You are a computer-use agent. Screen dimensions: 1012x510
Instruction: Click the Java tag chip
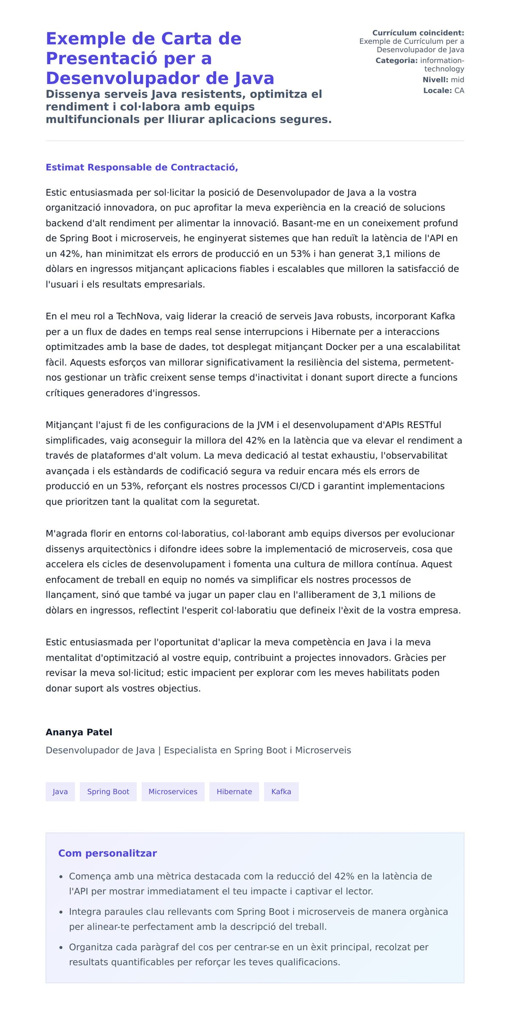point(60,791)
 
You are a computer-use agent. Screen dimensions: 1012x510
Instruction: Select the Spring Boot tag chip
point(108,791)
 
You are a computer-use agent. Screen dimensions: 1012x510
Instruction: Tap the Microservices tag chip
point(173,791)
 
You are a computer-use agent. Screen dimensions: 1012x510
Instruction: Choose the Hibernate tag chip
point(234,791)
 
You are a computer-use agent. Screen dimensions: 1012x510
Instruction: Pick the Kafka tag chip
point(281,791)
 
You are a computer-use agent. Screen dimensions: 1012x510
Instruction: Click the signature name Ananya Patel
point(79,732)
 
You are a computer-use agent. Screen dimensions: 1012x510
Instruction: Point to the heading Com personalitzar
point(108,853)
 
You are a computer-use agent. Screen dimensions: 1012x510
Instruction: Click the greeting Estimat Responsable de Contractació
point(142,167)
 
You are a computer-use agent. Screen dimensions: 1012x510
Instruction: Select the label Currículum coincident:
point(418,33)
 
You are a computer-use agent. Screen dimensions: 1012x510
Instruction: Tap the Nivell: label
point(435,80)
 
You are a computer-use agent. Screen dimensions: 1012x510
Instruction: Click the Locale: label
point(437,90)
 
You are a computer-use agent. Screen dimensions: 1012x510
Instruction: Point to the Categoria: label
point(397,60)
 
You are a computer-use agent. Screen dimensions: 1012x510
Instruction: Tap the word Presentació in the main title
point(102,58)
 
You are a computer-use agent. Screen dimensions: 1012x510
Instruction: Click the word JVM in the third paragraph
point(265,425)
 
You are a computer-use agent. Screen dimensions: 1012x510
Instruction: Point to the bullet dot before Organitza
point(61,947)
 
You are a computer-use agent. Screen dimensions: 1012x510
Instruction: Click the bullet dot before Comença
point(61,876)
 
